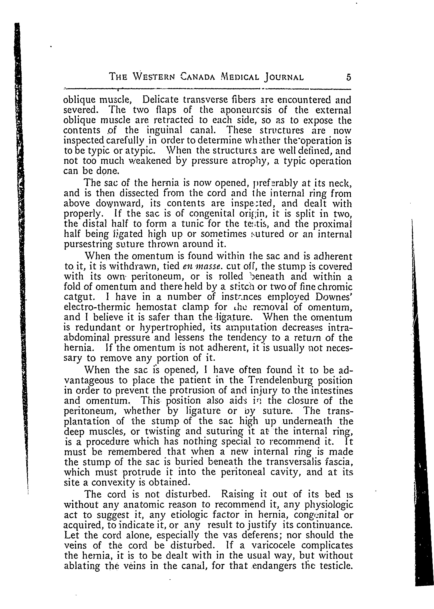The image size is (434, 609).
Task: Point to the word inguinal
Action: click(164, 130)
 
